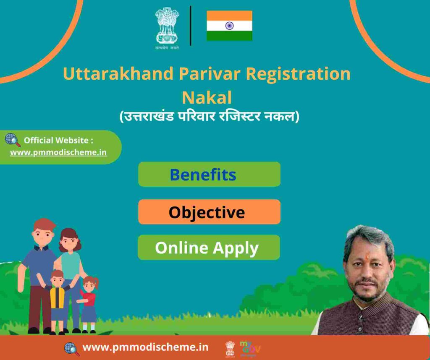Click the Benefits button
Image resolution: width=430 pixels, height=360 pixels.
[x=209, y=174]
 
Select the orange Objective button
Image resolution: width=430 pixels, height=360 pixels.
[x=209, y=212]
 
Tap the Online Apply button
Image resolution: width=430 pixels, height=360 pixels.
[x=209, y=248]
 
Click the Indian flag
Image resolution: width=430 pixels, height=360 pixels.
[x=229, y=26]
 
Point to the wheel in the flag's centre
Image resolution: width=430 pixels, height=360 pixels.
[x=229, y=26]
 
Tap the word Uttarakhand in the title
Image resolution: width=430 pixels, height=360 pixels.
[x=118, y=74]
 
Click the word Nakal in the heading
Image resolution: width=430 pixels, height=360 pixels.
[x=207, y=97]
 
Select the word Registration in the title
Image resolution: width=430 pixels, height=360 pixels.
[x=298, y=74]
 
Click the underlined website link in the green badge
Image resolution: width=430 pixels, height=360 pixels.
[x=58, y=152]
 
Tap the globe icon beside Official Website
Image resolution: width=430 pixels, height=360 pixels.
[x=13, y=140]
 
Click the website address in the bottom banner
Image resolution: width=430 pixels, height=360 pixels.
[x=145, y=347]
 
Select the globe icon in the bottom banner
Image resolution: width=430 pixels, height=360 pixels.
[x=72, y=349]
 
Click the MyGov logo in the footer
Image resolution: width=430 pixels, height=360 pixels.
[x=250, y=349]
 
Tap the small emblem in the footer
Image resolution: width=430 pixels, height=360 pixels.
[x=230, y=349]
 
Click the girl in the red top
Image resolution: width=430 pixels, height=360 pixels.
[x=89, y=303]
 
